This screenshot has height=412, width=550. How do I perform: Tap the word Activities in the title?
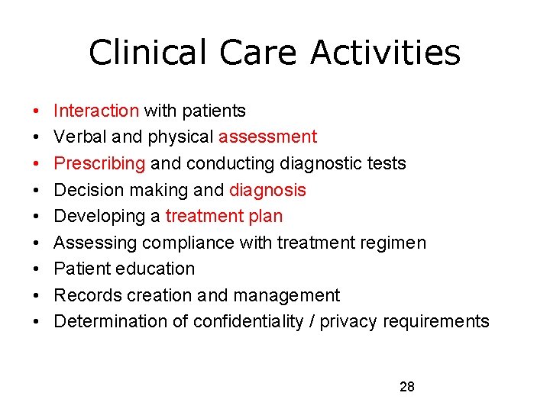[x=386, y=53]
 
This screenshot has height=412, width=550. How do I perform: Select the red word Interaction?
[x=96, y=111]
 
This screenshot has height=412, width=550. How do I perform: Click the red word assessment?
[x=267, y=137]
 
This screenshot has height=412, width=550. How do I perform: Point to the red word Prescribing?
[x=99, y=163]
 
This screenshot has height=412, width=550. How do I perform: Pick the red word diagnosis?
[x=267, y=190]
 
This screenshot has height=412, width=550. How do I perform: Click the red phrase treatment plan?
[x=224, y=216]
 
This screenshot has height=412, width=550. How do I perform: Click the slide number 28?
[x=407, y=387]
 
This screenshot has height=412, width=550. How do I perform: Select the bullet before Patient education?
[x=37, y=269]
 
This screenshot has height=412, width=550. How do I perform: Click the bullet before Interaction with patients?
[x=37, y=111]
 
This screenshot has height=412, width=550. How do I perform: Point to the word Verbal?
[x=79, y=137]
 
